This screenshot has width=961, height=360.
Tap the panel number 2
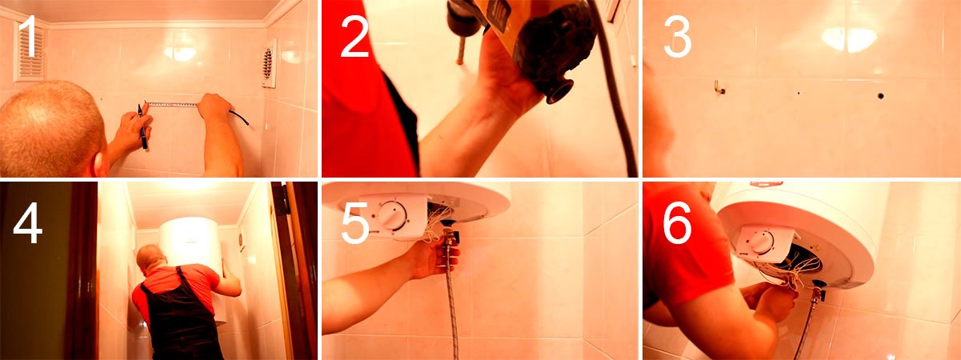tap(354, 38)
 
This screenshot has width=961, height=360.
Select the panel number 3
tap(678, 38)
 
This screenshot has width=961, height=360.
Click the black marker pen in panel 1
tap(142, 126)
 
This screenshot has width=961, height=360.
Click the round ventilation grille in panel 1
tap(268, 63)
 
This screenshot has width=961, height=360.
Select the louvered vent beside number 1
tap(30, 52)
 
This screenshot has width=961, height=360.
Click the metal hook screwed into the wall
tap(719, 87)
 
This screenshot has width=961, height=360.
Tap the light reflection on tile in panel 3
tap(849, 39)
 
